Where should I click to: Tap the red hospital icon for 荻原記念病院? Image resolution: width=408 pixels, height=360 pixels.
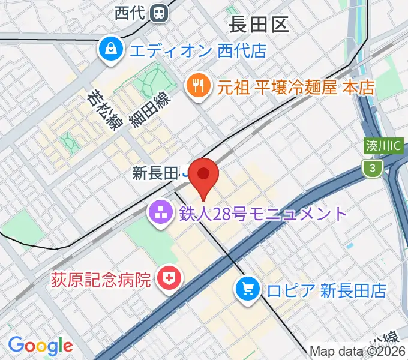168,278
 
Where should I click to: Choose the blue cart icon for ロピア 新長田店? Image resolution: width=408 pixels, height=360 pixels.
247,290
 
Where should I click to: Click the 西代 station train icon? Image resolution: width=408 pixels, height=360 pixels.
160,11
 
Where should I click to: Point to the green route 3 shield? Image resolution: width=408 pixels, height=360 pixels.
373,170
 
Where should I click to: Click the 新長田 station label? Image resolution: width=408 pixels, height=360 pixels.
155,174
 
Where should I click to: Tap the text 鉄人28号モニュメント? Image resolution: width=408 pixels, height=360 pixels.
262,214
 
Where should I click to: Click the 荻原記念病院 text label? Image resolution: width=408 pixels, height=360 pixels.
101,279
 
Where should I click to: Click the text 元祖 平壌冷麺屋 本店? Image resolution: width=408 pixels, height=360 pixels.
296,88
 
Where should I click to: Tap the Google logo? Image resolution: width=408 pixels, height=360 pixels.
40,345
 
